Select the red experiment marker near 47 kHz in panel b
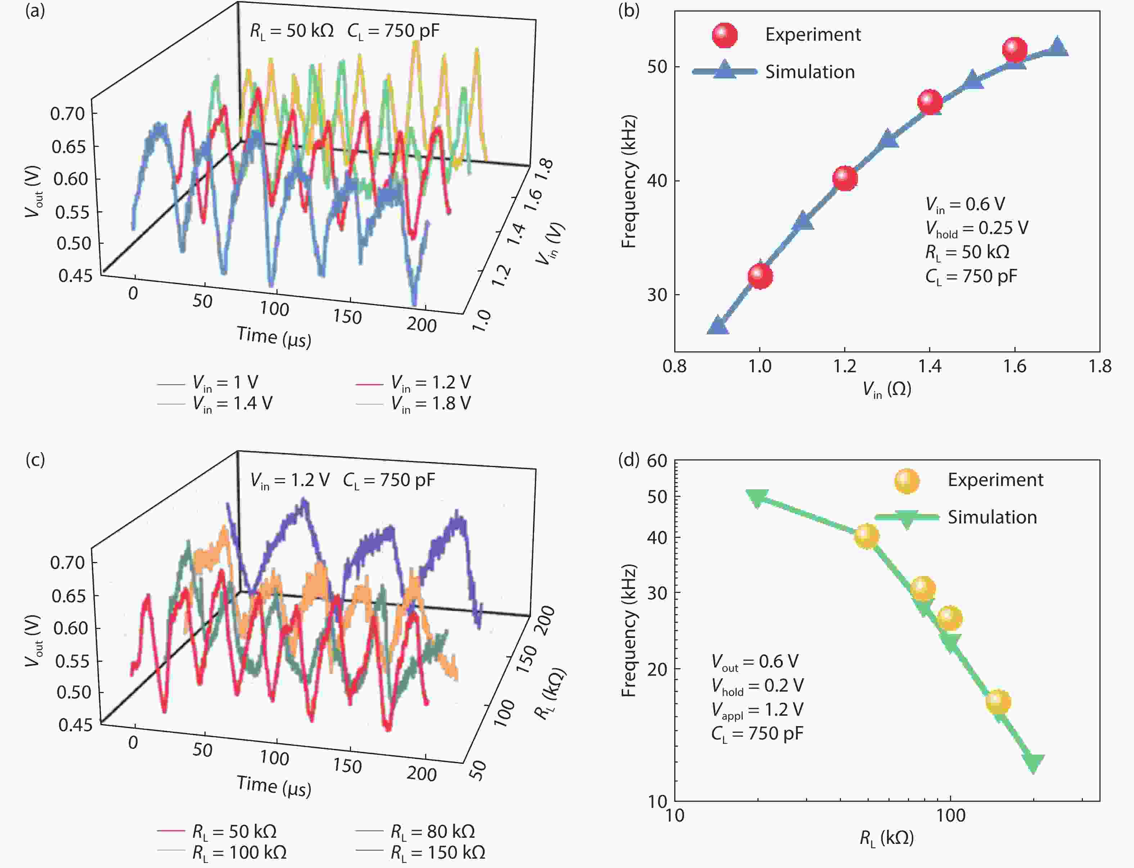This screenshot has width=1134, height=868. [930, 102]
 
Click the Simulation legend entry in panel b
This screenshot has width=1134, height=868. [810, 72]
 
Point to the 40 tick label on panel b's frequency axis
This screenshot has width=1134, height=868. [657, 181]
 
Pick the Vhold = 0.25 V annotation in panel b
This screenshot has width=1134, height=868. [976, 228]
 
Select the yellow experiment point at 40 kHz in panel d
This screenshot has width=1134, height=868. [867, 536]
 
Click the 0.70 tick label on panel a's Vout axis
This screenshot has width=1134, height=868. [67, 114]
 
